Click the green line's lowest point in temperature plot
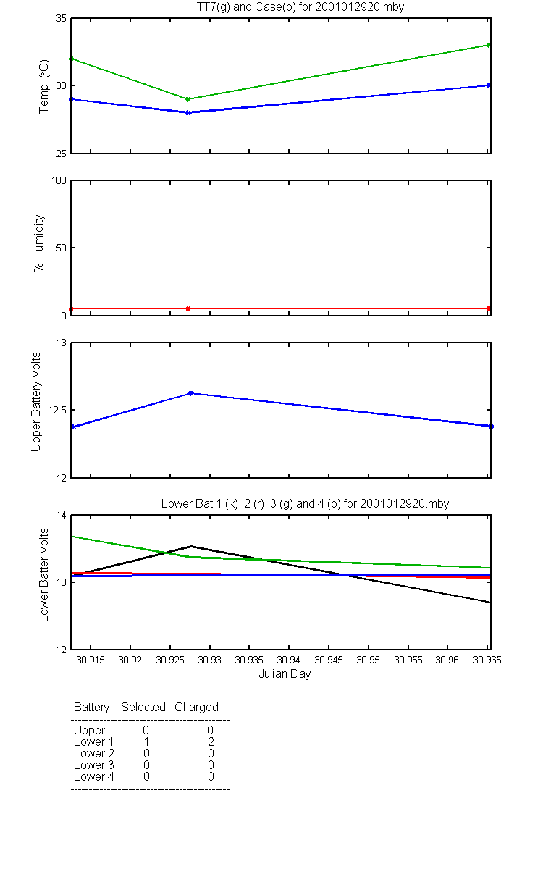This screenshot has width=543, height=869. pos(188,99)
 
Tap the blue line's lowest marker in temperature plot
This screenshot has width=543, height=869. pos(188,112)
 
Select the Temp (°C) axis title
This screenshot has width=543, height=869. pos(44,86)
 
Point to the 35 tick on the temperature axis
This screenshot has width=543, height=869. pos(60,18)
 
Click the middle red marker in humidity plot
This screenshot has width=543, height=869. pos(188,308)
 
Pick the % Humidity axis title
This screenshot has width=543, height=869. pos(41,243)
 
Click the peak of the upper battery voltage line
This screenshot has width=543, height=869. pos(190,393)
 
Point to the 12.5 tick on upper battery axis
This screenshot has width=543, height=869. pos(55,410)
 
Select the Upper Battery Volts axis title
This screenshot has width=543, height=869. pos(35,403)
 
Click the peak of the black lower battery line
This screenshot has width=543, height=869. pos(191,546)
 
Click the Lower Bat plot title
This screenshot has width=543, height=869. pos(305,503)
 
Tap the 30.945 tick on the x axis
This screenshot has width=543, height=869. pos(329,660)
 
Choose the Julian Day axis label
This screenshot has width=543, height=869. pos(285,674)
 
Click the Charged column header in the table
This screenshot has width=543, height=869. pos(196,707)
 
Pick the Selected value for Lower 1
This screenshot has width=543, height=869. pos(146,742)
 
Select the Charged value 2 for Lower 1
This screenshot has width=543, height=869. pos(211,742)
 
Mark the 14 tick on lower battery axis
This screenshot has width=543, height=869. pos(60,515)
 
